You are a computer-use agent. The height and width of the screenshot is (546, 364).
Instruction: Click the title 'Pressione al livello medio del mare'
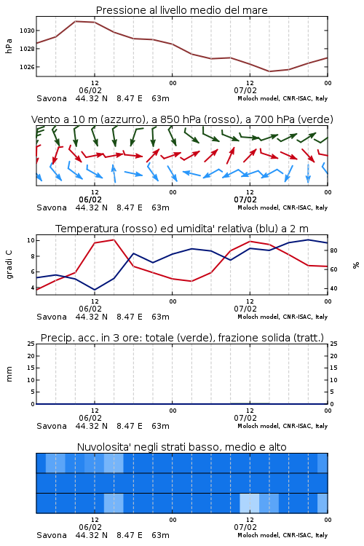[181, 10]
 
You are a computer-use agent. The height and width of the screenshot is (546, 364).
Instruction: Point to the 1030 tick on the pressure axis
[27, 31]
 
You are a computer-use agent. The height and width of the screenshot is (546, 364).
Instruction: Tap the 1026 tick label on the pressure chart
[27, 67]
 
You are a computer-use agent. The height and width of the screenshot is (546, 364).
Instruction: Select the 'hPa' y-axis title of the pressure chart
[9, 46]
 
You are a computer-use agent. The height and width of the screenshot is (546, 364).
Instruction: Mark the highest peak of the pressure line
[75, 21]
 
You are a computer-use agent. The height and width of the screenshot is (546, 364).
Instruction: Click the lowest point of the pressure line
[269, 71]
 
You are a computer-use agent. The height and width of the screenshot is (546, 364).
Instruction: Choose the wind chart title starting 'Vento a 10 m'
[182, 119]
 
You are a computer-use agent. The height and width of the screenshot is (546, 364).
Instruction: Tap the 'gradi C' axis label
[9, 264]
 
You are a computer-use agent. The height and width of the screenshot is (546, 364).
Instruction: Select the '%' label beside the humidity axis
[356, 265]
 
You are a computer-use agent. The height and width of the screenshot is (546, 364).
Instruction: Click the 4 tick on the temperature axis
[32, 288]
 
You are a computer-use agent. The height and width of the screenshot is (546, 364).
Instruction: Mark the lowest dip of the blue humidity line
[95, 290]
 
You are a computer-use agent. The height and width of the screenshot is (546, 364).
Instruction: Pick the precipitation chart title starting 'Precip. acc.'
[182, 338]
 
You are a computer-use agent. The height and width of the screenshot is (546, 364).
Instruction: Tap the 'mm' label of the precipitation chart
[9, 374]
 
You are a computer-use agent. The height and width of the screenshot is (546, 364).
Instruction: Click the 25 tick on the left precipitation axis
[31, 344]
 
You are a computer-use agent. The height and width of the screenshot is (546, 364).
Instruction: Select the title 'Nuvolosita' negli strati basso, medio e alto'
[181, 447]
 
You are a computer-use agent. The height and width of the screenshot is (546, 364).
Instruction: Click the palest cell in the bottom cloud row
[250, 503]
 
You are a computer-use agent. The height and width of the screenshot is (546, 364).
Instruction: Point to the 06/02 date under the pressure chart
[90, 90]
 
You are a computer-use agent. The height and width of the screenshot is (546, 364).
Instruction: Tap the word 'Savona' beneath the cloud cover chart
[52, 535]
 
